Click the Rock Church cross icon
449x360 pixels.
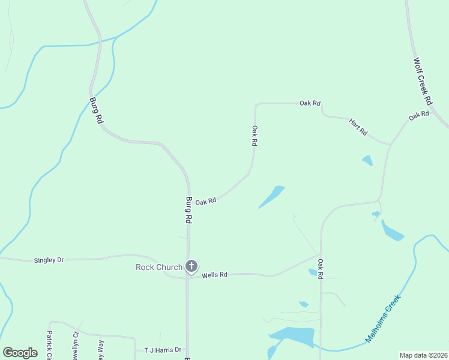point(191,266)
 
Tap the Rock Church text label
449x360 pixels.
point(158,267)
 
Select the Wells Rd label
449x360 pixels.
point(214,275)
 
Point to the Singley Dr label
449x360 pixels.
point(49,260)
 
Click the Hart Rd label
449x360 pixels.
point(358,127)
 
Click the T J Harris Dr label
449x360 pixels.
point(163,350)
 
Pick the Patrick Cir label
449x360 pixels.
point(50,344)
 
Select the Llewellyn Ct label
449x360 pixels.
point(76,344)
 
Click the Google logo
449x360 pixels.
point(20,353)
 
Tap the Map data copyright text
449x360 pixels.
point(423,355)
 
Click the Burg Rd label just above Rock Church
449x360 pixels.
point(188,210)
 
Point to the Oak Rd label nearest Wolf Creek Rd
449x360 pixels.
point(419,115)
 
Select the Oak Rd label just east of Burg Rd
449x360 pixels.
point(205,202)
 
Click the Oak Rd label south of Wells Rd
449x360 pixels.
point(321,268)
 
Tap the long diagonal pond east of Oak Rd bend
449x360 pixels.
point(271,197)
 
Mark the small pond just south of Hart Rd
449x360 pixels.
point(367,160)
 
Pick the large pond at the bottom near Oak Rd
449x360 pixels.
point(294,337)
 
